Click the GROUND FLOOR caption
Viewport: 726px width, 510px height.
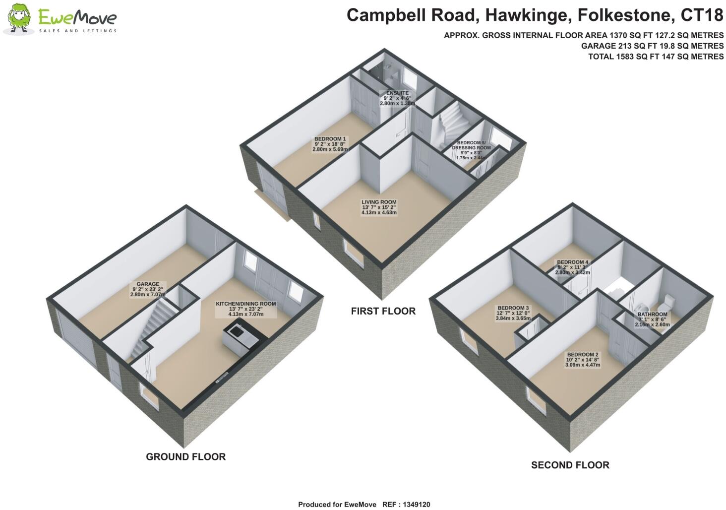pos(185,456)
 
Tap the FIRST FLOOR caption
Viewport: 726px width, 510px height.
pos(383,311)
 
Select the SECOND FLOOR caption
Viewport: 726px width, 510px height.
pos(570,465)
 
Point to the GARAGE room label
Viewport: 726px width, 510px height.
pos(148,289)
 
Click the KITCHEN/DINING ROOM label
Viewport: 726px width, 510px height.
pos(245,309)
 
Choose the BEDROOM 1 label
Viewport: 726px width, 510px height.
pos(330,144)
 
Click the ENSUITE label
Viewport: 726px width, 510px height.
pos(397,98)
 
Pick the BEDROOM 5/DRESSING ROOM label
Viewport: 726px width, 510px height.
pos(471,150)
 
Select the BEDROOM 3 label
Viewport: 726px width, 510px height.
pos(513,313)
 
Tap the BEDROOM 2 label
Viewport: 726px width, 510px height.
pos(583,359)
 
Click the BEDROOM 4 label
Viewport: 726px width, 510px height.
pos(572,267)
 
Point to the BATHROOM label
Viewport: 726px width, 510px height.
pos(652,319)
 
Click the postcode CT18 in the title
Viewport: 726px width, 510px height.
pos(702,15)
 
